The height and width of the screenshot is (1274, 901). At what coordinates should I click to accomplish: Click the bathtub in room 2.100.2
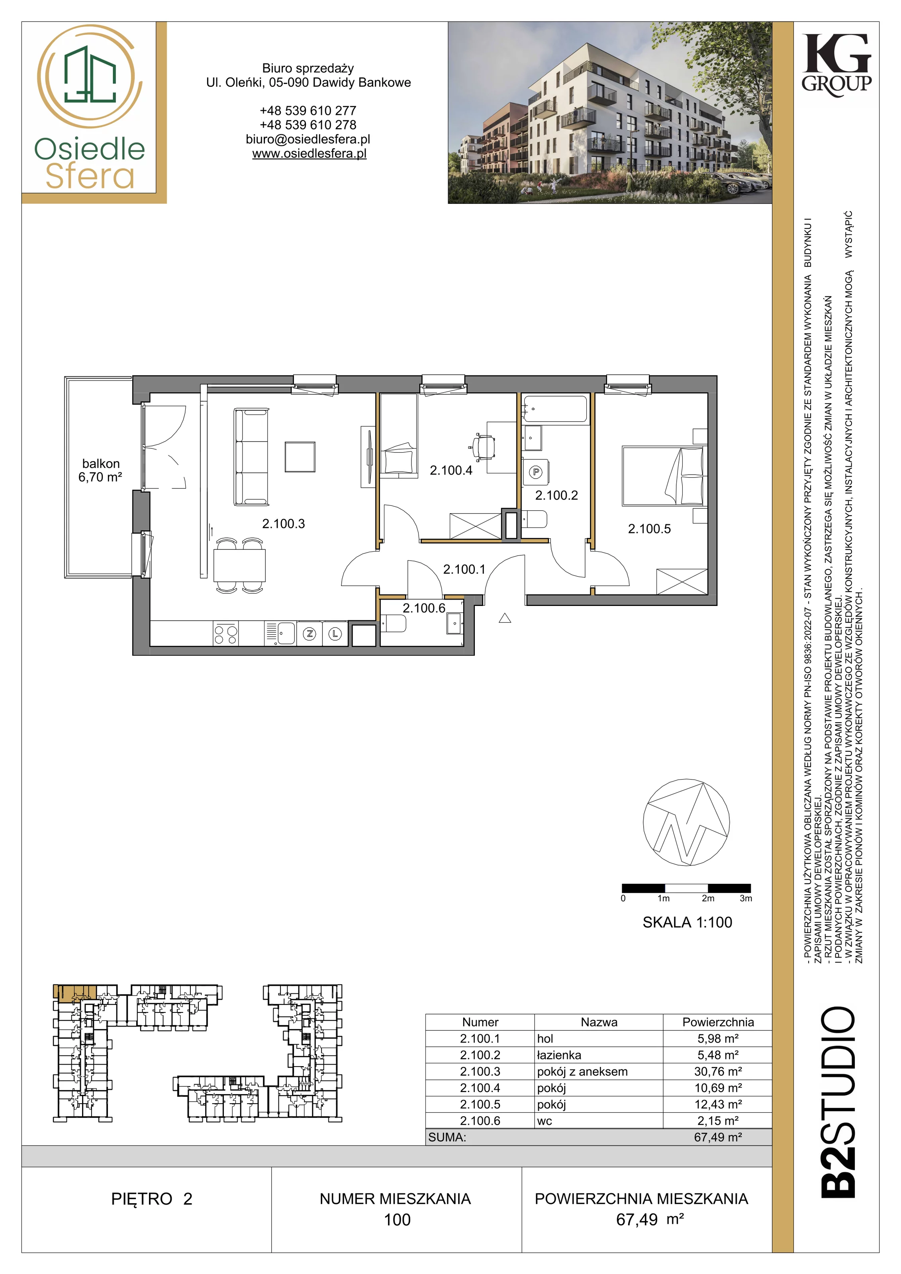[x=554, y=408]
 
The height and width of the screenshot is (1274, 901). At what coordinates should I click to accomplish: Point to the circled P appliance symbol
[x=536, y=472]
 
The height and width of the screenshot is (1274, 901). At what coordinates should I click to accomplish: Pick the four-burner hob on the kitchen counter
[x=226, y=634]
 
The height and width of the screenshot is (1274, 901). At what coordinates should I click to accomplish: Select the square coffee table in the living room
[x=300, y=457]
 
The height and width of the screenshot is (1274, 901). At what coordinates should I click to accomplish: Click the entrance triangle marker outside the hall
[x=505, y=617]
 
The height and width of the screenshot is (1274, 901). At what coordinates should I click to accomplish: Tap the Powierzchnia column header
[x=718, y=1022]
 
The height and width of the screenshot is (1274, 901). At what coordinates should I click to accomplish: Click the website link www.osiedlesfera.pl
[x=309, y=154]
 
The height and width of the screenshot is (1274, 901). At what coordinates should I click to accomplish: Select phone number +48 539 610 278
[x=308, y=125]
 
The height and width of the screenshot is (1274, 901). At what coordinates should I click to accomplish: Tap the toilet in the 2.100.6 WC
[x=394, y=624]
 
